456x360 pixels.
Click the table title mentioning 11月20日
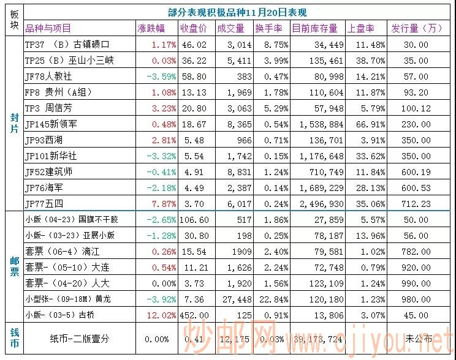(237, 12)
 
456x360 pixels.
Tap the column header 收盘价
(194, 28)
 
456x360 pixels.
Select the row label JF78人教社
(48, 77)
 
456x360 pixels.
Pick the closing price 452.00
(194, 315)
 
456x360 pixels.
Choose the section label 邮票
(12, 266)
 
